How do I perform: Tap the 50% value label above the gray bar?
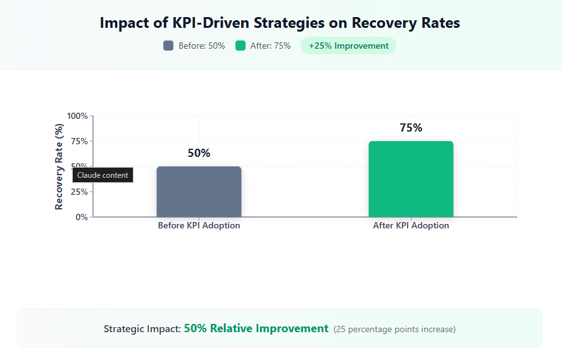[x=199, y=153]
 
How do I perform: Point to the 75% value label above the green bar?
[x=411, y=128]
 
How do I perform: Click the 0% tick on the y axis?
[x=82, y=217]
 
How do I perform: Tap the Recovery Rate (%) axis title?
[x=59, y=166]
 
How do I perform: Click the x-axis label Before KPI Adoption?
[x=199, y=226]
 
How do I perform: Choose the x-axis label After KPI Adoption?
[x=411, y=226]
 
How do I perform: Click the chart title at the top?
[x=280, y=23]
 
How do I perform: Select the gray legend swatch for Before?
[x=168, y=46]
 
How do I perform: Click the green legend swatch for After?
[x=240, y=46]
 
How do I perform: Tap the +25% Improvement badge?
[x=348, y=46]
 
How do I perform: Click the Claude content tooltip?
[x=103, y=175]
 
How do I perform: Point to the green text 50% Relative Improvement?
[x=256, y=328]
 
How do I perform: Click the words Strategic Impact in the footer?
[x=142, y=329]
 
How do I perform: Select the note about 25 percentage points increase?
[x=394, y=329]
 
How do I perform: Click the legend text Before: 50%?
[x=201, y=46]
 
